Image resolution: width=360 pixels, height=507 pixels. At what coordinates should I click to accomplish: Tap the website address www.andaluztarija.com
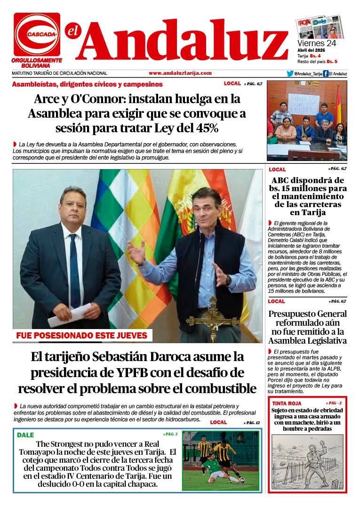pos(180,73)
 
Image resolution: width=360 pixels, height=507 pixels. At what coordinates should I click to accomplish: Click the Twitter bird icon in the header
pos(290,73)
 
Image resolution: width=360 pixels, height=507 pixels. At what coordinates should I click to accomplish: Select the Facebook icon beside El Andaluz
pos(325,73)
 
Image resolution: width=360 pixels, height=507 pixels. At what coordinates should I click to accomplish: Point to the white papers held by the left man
pos(69,314)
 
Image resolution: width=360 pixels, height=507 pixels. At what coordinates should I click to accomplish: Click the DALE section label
pos(25,435)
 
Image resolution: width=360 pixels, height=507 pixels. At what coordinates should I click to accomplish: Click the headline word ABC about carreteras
pos(281,180)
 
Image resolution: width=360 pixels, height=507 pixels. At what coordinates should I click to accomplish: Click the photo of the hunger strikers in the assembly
pos(306,121)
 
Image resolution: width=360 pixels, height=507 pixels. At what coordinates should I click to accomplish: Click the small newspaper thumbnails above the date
pos(319,27)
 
